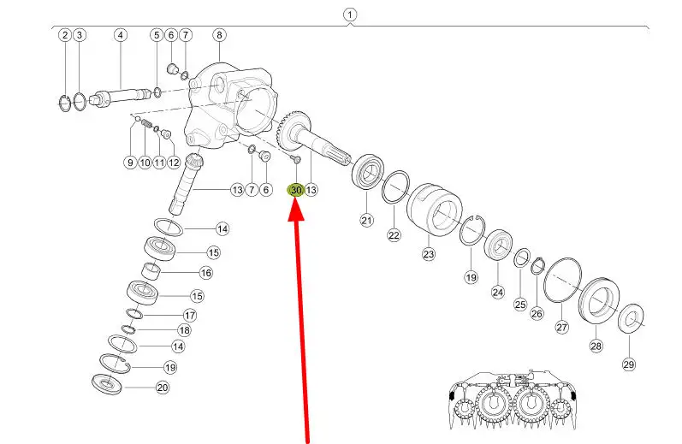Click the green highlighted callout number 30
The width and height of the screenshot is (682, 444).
click(x=296, y=190)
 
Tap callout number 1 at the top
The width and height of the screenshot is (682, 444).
click(x=350, y=15)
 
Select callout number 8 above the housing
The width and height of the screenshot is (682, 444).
click(x=219, y=35)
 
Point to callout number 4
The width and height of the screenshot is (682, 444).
click(x=121, y=35)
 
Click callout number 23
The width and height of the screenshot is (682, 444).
click(x=429, y=253)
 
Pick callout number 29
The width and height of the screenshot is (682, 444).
click(x=629, y=364)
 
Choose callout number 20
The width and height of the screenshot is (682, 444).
click(x=163, y=387)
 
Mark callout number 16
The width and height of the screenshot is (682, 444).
click(x=205, y=273)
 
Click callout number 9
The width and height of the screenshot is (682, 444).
click(x=130, y=163)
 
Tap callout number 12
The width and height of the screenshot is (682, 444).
click(x=174, y=163)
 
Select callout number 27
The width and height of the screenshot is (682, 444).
click(x=562, y=327)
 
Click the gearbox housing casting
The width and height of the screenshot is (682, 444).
click(x=230, y=107)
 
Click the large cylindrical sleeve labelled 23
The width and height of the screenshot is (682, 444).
click(x=434, y=210)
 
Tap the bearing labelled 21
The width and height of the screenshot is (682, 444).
click(x=368, y=173)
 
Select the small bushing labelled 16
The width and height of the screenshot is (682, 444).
click(x=151, y=271)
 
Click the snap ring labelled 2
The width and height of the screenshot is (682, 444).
click(x=65, y=103)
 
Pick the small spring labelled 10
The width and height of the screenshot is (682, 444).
click(x=147, y=124)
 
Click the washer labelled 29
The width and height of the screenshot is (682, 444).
click(x=632, y=319)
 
